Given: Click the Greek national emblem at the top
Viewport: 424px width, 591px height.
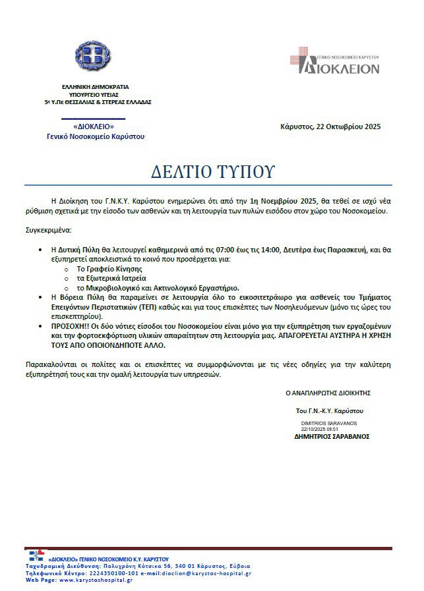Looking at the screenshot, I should point(95,60).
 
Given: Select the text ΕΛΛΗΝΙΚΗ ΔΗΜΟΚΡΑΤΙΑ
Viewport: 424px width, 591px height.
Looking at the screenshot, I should point(95,86).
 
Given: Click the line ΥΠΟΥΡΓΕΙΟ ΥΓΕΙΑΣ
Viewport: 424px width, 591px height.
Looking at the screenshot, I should point(95,94).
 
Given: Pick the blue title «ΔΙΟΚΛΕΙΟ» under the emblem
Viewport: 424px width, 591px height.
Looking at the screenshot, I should point(94,127).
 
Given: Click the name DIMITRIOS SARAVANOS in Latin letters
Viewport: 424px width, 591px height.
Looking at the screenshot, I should point(329,422).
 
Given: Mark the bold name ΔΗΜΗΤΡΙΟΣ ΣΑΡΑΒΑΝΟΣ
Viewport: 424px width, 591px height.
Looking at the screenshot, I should point(332,436).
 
